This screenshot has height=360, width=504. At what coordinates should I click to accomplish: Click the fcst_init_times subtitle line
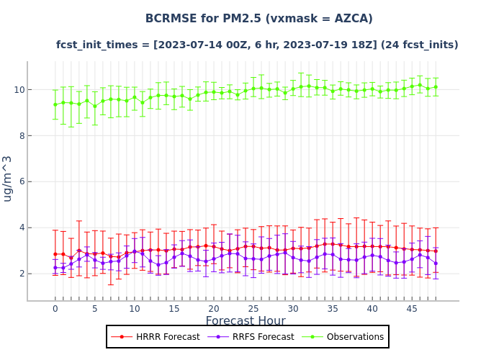pos(257,45)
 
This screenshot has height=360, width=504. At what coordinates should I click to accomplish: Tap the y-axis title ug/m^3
pos(8,179)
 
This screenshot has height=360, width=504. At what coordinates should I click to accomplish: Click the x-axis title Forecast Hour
pos(246,321)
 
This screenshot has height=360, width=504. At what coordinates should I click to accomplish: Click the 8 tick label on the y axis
pos(19,135)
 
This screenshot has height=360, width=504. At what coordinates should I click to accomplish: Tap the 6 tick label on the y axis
pos(19,181)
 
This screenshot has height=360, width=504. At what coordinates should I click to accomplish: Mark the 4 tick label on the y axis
pos(19,228)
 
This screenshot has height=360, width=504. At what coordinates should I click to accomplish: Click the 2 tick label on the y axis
pos(19,274)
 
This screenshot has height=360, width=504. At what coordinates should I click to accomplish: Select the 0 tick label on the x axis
pos(55,309)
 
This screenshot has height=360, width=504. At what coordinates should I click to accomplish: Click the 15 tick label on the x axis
pos(174,309)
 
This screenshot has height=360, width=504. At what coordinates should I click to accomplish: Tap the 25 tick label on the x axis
pos(253,309)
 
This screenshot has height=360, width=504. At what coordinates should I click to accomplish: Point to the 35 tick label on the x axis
pos(333,309)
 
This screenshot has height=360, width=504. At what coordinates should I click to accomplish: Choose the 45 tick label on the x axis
pos(412,309)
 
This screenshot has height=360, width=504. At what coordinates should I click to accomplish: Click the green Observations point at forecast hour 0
pos(55,104)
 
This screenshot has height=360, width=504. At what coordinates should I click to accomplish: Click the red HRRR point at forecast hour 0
pos(55,254)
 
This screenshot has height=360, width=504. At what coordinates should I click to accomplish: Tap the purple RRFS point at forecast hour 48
pos(436,264)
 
